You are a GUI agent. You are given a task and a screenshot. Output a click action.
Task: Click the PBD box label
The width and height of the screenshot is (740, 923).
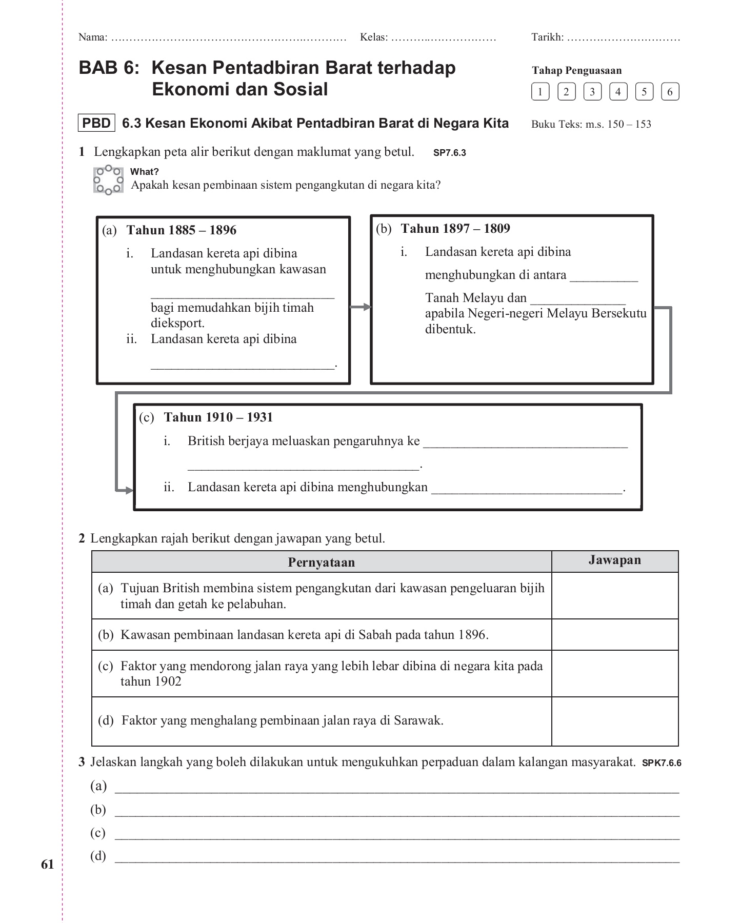(96, 124)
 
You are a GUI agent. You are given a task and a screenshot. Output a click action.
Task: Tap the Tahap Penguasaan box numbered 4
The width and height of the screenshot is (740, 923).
(618, 92)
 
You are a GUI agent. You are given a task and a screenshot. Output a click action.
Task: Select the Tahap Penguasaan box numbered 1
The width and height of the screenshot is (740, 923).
(540, 92)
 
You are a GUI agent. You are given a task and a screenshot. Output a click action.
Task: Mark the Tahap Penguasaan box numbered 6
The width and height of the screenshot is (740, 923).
(670, 92)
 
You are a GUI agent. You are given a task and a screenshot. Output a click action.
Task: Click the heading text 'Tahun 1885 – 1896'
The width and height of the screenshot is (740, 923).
(181, 230)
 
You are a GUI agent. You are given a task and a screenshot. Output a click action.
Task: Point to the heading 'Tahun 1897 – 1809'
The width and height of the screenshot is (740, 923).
(455, 229)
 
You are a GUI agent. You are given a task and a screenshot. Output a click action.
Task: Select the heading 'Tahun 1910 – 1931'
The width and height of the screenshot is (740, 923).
(218, 417)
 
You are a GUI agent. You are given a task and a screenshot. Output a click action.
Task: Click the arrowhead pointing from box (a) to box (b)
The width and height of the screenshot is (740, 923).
(367, 307)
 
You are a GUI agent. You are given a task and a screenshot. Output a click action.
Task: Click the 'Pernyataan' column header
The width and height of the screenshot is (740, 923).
(321, 563)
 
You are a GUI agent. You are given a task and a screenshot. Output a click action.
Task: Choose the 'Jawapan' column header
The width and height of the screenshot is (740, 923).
(614, 560)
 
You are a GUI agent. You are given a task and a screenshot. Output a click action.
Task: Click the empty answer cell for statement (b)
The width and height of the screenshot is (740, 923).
(614, 635)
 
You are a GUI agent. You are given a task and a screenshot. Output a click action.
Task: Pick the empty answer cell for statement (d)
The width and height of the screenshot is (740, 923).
(614, 721)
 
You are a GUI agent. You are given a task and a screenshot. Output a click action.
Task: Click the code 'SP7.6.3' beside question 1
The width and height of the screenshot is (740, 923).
(449, 153)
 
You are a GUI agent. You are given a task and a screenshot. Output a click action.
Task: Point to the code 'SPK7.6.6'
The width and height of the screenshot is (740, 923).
(661, 763)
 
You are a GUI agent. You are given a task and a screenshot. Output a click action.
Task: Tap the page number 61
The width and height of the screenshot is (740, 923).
(47, 865)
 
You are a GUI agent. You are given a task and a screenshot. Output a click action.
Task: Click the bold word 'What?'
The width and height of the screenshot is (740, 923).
(144, 172)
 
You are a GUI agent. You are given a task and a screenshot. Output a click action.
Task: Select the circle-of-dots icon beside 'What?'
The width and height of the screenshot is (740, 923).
(108, 180)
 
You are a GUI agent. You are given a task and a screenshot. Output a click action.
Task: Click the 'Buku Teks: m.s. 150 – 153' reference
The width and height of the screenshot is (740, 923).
(591, 124)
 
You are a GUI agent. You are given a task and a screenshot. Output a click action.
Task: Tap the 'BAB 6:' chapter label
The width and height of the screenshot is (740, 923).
(109, 68)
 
